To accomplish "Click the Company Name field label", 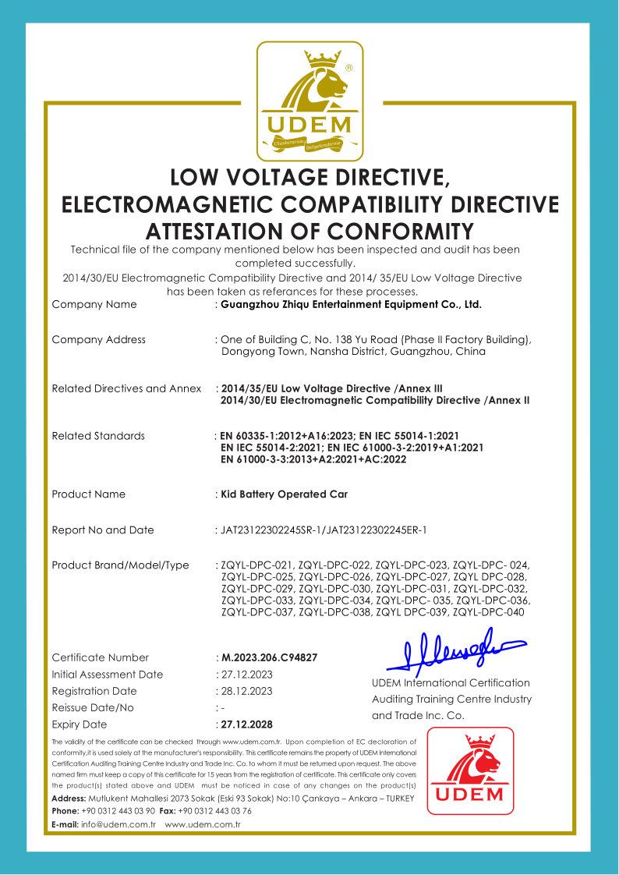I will (94, 305).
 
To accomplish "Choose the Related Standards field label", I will (98, 436).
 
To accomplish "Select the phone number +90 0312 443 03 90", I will (118, 812).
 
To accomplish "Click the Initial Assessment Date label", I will (108, 675).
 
